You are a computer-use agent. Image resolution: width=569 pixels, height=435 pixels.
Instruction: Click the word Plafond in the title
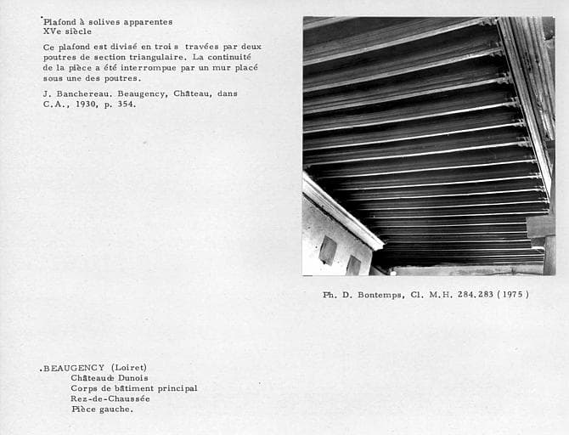tap(62, 22)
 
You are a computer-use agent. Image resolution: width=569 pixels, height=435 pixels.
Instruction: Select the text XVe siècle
tap(67, 31)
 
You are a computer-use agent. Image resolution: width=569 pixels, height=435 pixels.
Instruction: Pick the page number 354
tap(126, 105)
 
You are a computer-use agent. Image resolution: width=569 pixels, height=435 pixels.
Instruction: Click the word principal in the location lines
tap(173, 388)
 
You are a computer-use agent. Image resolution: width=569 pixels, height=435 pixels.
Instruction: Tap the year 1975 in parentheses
tap(514, 295)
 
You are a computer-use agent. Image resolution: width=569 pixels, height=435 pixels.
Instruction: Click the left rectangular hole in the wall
tap(327, 250)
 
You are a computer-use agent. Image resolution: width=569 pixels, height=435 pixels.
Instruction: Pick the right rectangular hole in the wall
tap(353, 264)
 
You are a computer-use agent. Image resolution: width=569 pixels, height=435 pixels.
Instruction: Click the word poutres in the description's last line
tap(120, 78)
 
